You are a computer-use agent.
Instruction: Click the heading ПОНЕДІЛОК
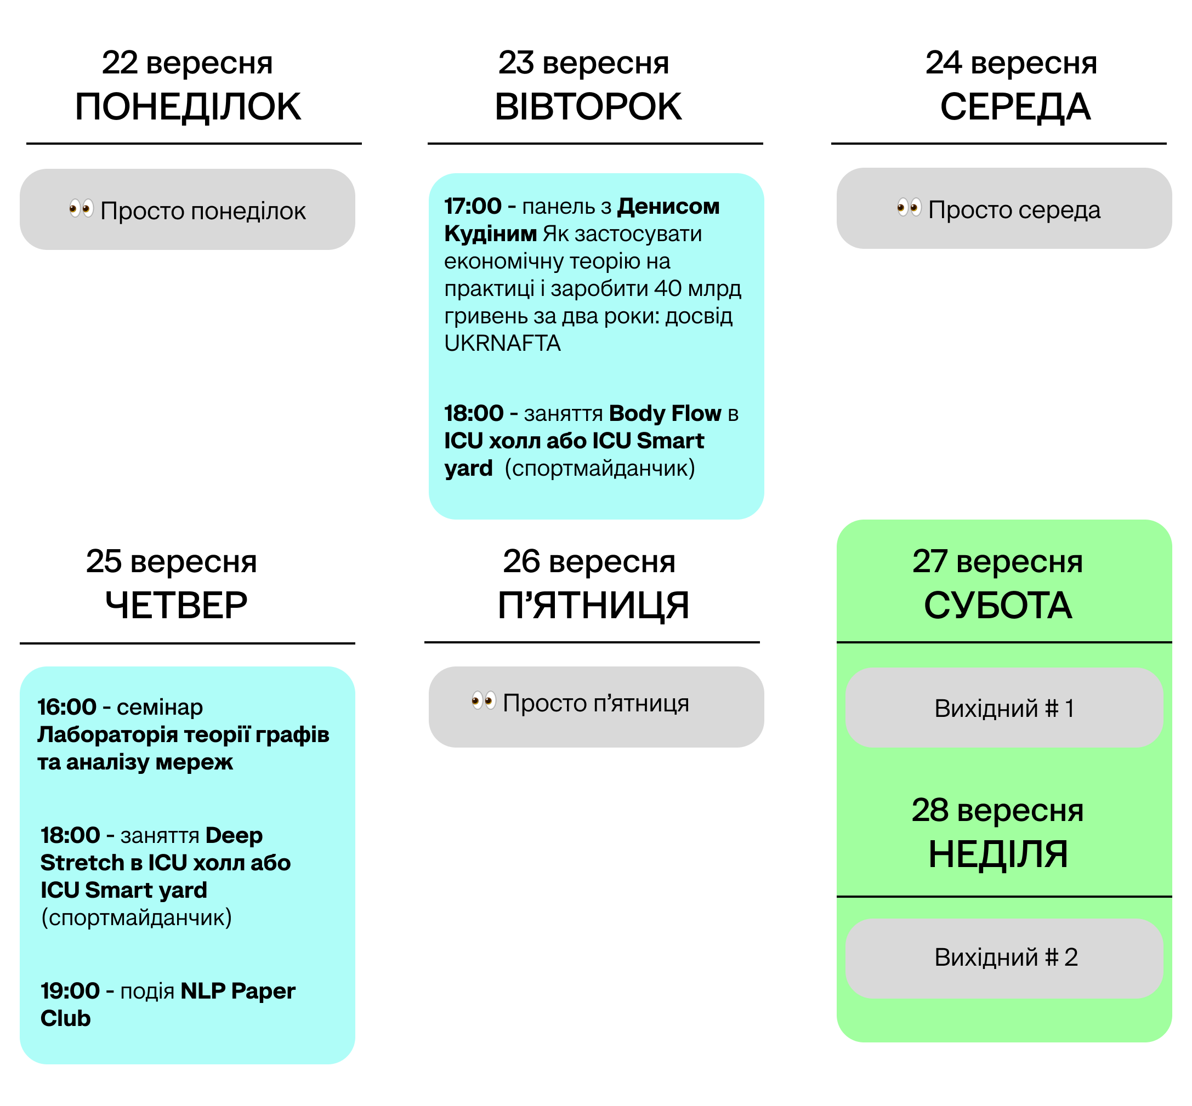click(x=188, y=107)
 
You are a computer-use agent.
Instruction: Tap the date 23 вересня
click(x=583, y=63)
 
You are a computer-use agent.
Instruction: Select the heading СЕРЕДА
click(x=1015, y=107)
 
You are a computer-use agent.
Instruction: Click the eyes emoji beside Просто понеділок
click(x=81, y=209)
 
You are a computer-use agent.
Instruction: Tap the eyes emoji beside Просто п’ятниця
click(x=483, y=700)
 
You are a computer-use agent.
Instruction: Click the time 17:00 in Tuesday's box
click(x=473, y=207)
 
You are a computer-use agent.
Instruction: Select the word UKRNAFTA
click(x=502, y=344)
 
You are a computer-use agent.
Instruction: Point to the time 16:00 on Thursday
click(x=66, y=708)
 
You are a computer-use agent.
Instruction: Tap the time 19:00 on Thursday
click(x=70, y=991)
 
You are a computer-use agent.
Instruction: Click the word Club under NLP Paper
click(x=65, y=1019)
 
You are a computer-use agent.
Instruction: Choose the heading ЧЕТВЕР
click(x=176, y=605)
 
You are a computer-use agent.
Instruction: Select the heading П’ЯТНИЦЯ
click(x=593, y=605)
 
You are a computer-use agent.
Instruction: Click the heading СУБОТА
click(x=997, y=605)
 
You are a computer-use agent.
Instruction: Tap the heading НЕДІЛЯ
click(x=997, y=854)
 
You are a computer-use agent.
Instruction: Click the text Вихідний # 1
click(x=1004, y=709)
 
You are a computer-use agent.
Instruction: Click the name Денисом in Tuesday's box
click(x=668, y=207)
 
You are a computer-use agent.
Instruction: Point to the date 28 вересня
click(x=997, y=811)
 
